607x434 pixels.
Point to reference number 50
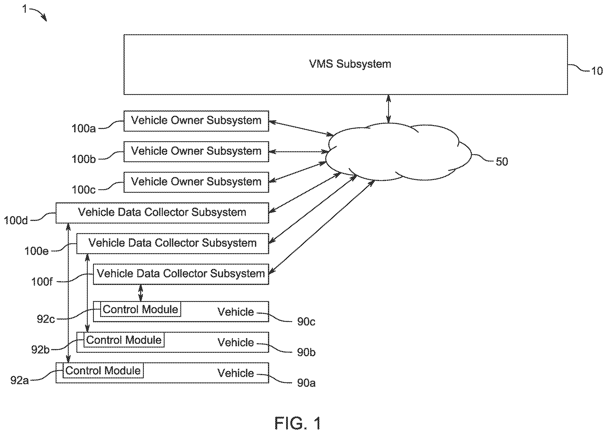click(x=502, y=162)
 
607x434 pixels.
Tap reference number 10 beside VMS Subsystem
click(x=597, y=71)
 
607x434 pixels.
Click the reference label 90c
click(x=306, y=322)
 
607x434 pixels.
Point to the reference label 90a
click(x=306, y=383)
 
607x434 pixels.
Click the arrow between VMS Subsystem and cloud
click(x=389, y=109)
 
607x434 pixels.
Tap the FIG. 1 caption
click(x=298, y=423)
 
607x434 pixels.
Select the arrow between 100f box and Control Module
click(x=141, y=293)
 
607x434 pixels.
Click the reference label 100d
click(x=16, y=220)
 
